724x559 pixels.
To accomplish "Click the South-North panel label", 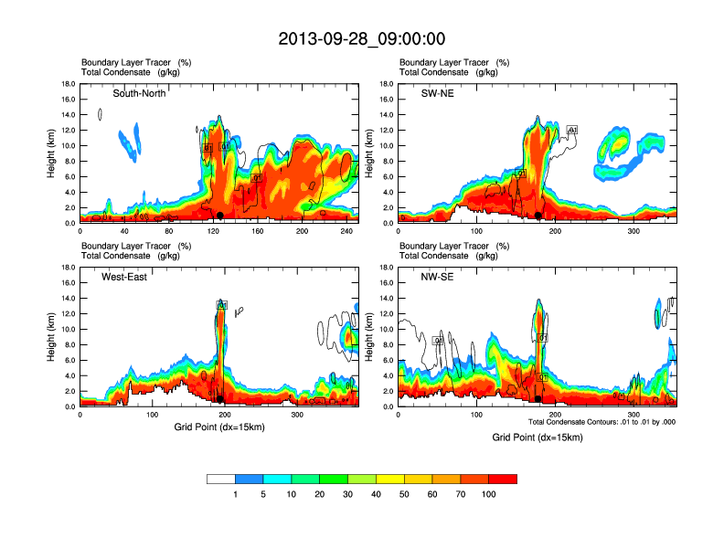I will click(139, 93).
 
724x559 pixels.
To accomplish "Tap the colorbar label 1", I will click(235, 494).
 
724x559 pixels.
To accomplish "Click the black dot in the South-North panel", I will click(220, 216).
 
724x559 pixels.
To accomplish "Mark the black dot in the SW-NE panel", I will click(538, 216).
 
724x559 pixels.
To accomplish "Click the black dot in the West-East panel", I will click(220, 399).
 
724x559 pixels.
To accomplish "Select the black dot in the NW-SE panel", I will click(538, 399).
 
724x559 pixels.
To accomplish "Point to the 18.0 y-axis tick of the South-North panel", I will click(69, 84).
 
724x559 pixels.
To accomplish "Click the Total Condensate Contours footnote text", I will click(602, 422).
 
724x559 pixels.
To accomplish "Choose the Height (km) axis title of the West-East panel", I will click(52, 337).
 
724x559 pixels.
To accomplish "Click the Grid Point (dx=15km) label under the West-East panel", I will click(219, 427).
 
